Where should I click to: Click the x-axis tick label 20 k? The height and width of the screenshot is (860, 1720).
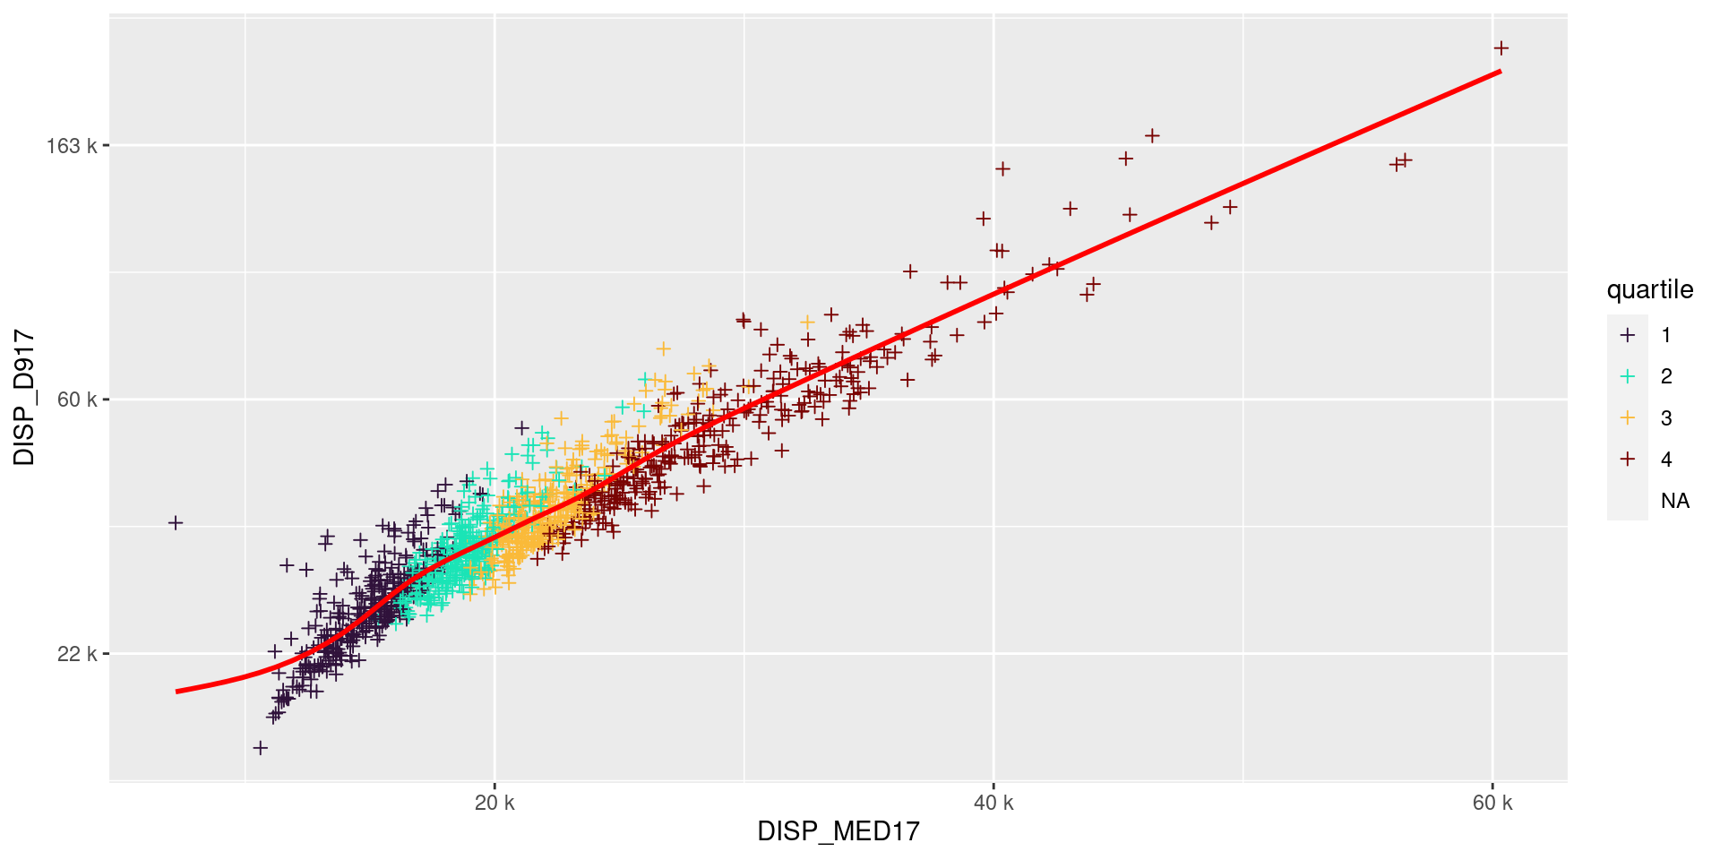[494, 803]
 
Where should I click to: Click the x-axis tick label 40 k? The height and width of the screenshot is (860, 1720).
[993, 803]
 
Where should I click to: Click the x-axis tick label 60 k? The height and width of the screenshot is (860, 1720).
[1492, 803]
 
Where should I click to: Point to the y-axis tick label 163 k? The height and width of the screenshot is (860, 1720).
[72, 146]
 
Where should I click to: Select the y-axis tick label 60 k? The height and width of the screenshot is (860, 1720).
[77, 400]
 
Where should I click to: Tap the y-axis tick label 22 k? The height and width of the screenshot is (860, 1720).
[77, 654]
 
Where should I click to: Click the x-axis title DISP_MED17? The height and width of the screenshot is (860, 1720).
[838, 831]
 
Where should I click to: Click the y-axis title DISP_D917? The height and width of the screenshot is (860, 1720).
[25, 399]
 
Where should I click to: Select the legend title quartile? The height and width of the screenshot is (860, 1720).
[1650, 289]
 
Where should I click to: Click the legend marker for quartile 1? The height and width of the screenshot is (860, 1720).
[1628, 335]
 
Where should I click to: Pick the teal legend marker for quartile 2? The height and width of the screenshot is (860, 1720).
[1628, 376]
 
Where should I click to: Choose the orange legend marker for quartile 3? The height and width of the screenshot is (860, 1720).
[1628, 417]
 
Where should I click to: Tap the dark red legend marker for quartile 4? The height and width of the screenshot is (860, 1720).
[1628, 460]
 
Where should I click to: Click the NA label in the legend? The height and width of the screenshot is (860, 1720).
[1674, 501]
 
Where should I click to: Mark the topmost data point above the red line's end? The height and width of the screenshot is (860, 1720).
[1501, 48]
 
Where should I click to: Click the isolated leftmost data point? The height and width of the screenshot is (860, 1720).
[176, 522]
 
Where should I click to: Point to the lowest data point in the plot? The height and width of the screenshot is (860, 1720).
[261, 747]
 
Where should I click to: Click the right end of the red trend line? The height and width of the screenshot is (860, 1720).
[1501, 72]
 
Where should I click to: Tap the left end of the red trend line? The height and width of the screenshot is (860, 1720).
[177, 691]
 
